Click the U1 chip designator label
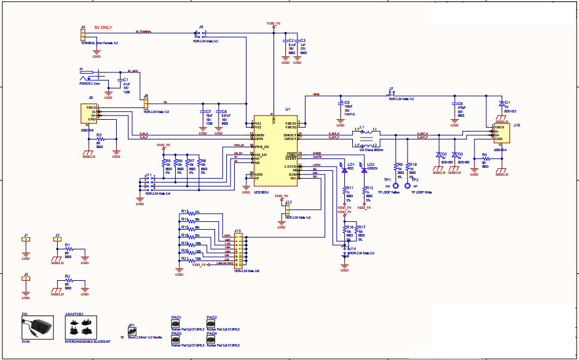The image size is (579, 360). click(288, 109)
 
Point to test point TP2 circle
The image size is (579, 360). click(406, 185)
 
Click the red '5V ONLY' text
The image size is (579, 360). click(103, 28)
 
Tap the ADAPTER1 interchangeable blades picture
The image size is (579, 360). click(82, 328)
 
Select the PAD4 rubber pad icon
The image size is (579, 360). click(211, 340)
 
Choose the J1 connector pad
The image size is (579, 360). click(26, 240)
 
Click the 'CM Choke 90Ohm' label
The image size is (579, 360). click(370, 149)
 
